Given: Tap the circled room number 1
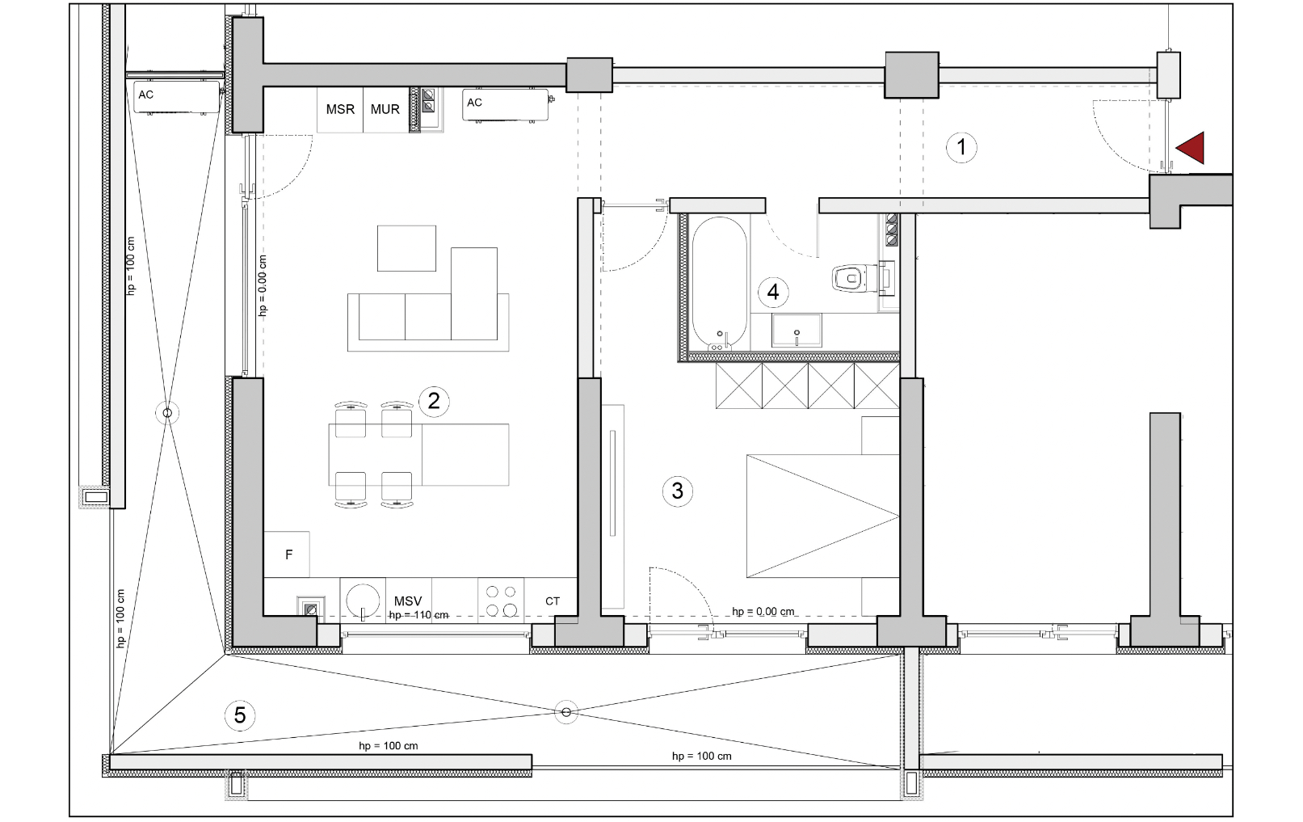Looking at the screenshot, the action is click(x=961, y=147).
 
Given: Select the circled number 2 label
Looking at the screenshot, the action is click(x=433, y=401).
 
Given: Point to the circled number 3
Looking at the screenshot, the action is click(x=677, y=491).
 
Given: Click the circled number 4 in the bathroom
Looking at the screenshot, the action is click(x=773, y=292).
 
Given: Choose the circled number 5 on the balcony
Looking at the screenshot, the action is click(x=240, y=715).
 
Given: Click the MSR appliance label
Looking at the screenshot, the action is click(x=340, y=109).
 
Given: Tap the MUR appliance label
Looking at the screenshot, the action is click(x=385, y=109).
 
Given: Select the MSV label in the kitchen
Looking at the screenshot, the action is click(x=408, y=601).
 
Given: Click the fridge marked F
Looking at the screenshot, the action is click(x=287, y=554).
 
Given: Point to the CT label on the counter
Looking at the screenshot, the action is click(x=553, y=601).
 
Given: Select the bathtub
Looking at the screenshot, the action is click(x=720, y=284).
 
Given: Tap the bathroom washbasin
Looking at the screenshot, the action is click(x=797, y=330).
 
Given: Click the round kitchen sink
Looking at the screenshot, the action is click(x=363, y=601).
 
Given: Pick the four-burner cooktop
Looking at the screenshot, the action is click(x=501, y=601).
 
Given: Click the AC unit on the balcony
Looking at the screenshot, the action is click(x=177, y=97).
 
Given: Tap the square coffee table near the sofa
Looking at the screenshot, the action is click(x=406, y=249).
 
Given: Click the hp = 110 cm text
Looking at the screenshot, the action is click(x=418, y=615).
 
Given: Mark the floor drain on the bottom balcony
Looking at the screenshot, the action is click(x=566, y=712).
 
